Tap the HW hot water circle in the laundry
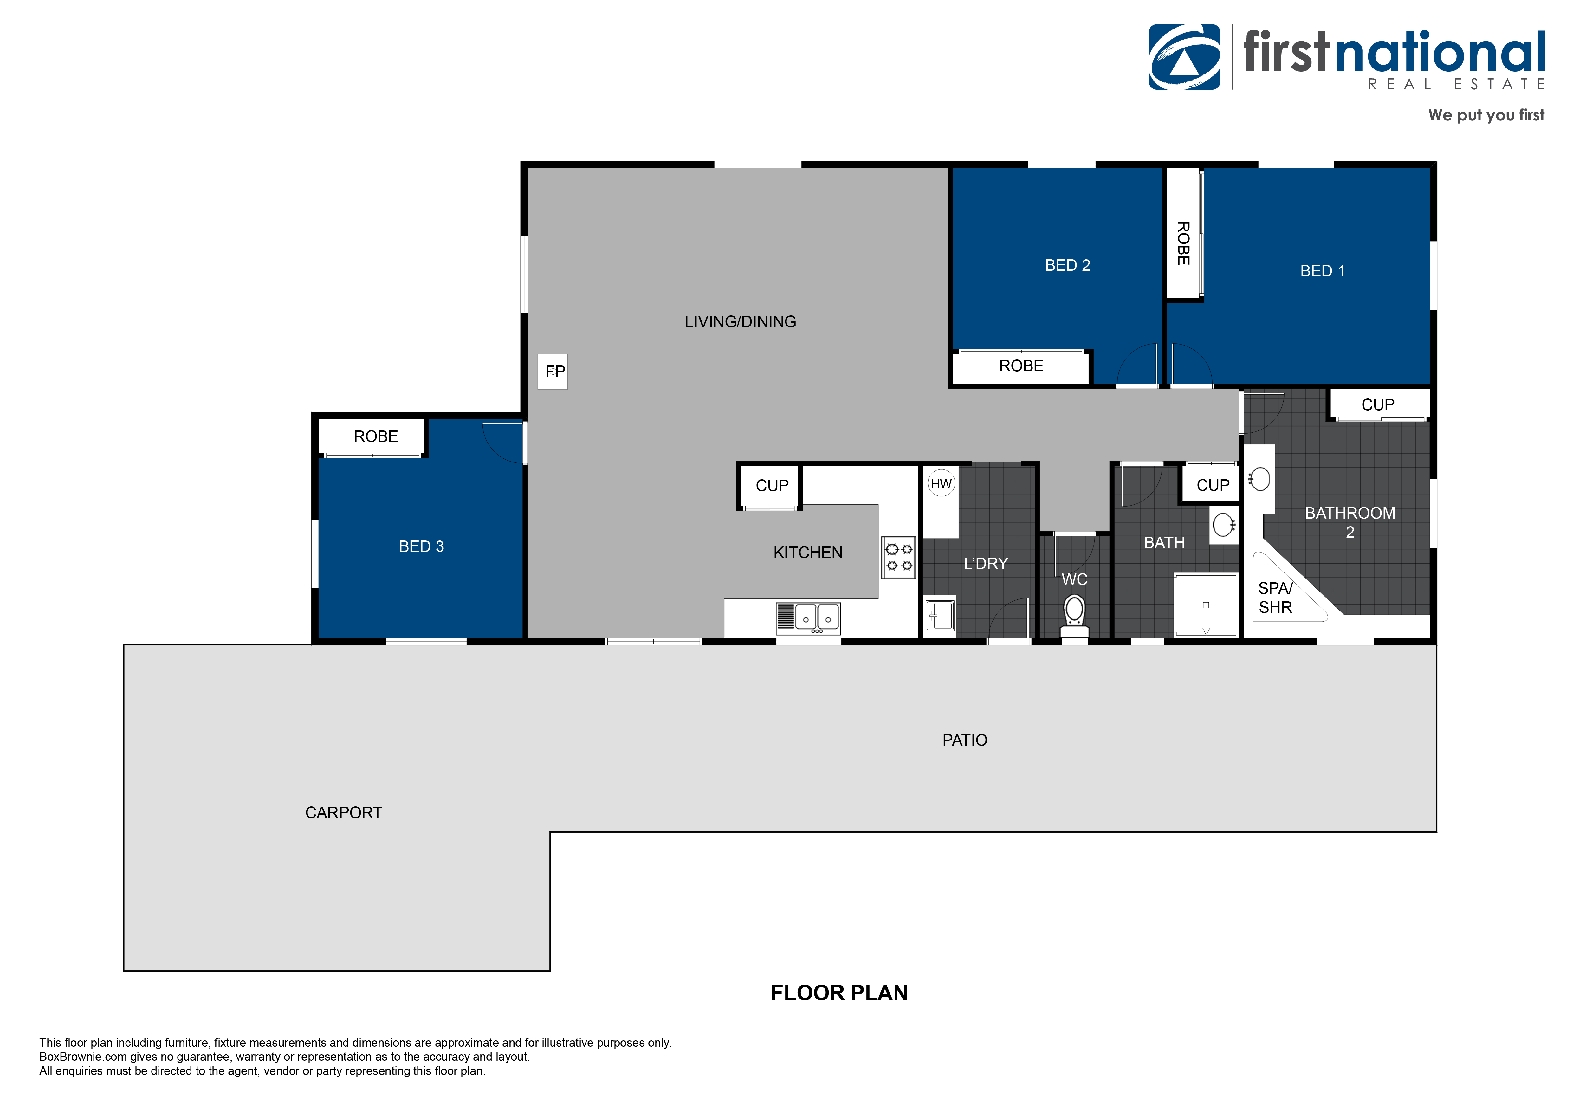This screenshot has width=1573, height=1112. pyautogui.click(x=941, y=484)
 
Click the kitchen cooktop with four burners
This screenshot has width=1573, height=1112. pyautogui.click(x=898, y=557)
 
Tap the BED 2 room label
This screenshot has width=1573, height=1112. pyautogui.click(x=1067, y=265)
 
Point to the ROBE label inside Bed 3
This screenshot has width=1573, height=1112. pyautogui.click(x=375, y=436)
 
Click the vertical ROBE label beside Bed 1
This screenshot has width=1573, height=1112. pyautogui.click(x=1183, y=243)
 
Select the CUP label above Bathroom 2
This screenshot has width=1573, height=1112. pyautogui.click(x=1377, y=404)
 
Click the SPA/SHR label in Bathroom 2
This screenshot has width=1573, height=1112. pyautogui.click(x=1275, y=598)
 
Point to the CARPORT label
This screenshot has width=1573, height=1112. pyautogui.click(x=343, y=812)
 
